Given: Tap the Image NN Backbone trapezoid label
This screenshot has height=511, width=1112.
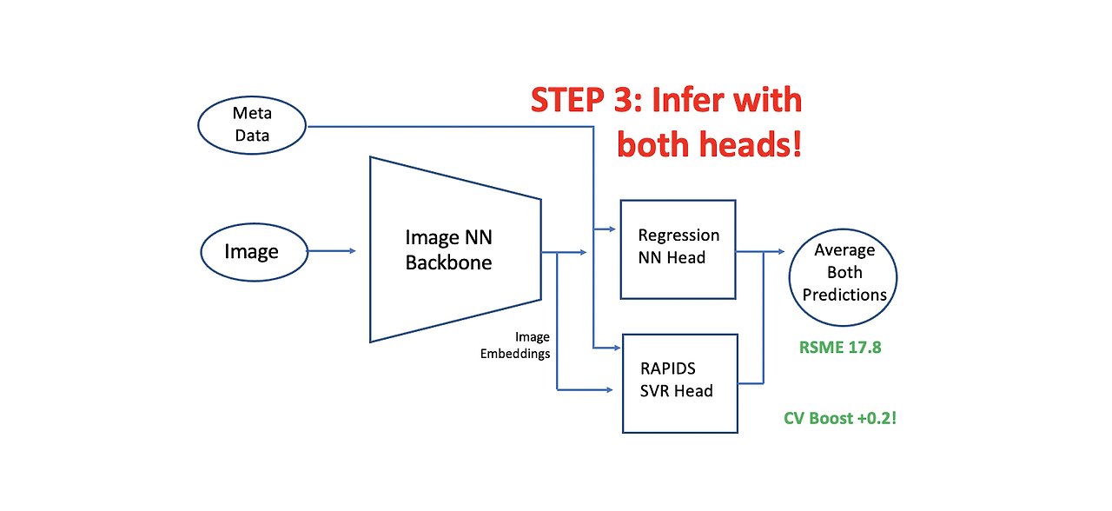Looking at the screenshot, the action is [x=449, y=249].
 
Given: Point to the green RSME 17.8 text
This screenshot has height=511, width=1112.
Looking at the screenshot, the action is [x=840, y=347].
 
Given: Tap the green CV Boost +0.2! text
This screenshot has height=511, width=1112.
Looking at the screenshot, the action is [x=840, y=418].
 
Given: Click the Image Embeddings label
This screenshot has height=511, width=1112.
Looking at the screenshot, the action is [x=515, y=345].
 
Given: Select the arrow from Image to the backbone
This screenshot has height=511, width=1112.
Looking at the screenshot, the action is [x=332, y=251].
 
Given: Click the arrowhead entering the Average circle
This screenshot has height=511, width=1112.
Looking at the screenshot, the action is [x=781, y=252].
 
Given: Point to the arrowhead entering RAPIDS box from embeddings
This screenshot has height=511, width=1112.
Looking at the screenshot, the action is [x=609, y=390].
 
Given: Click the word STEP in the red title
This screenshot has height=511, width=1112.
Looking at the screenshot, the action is [x=567, y=100].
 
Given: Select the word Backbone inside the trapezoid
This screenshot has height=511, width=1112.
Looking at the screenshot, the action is [x=449, y=262].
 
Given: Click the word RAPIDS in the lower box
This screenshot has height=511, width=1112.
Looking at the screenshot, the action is [x=668, y=368].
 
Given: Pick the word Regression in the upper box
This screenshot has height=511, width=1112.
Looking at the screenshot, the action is [x=678, y=236].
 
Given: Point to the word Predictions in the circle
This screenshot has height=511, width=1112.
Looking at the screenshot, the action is [x=844, y=295].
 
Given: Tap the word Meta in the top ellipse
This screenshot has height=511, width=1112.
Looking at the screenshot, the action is [x=252, y=113].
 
